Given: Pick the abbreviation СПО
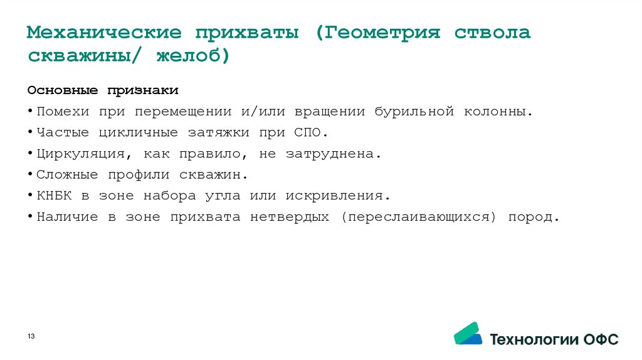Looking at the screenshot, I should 307,133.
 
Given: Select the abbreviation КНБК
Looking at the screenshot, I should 54,196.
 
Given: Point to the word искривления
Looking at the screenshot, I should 338,196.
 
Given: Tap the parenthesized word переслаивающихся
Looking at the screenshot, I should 419,217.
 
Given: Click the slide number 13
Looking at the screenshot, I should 31,337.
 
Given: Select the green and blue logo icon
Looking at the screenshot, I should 468,334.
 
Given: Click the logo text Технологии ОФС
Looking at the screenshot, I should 554,339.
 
